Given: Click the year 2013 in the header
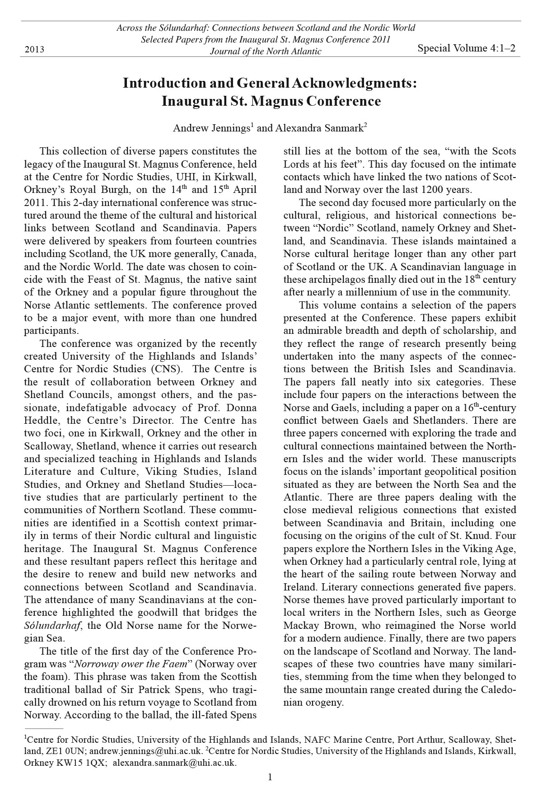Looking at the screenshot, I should click(34, 49).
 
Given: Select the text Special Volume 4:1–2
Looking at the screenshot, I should click(466, 48).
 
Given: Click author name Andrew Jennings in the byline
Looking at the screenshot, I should click(211, 128).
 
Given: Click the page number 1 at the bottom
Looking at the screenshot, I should click(270, 777).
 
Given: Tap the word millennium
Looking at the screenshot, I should click(366, 292).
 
